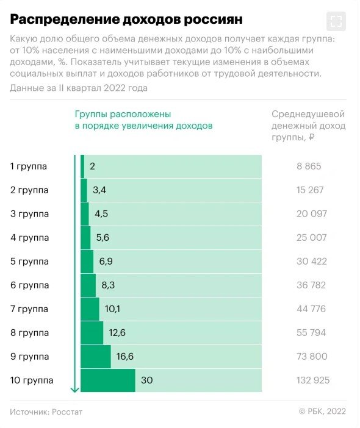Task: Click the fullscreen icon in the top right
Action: pos(336,21)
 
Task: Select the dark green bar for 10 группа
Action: pos(108,380)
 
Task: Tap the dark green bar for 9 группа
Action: pos(96,357)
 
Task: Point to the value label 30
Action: pos(146,380)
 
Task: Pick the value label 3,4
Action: pos(99,190)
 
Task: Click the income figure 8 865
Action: pos(309,166)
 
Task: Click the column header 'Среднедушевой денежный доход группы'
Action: pos(308,126)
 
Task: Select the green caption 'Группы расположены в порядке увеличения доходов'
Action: pos(143,120)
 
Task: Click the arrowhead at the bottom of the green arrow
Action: pos(75,389)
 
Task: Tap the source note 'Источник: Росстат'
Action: pos(46,412)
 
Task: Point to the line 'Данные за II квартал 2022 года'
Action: pos(78,88)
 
